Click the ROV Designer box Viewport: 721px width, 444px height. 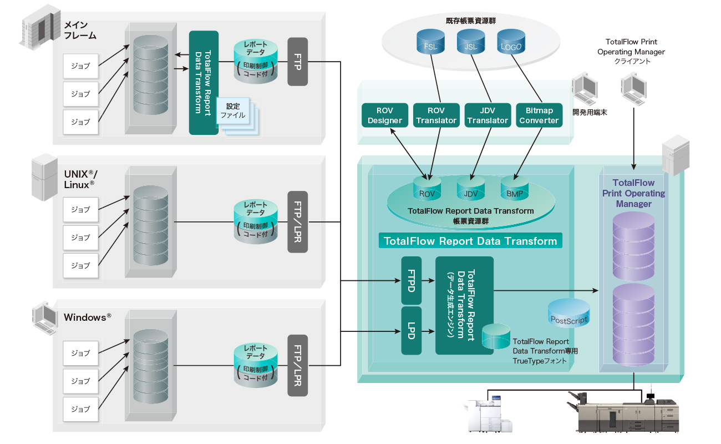point(385,115)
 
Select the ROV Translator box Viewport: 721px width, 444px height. point(436,115)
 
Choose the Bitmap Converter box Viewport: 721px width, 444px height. point(539,115)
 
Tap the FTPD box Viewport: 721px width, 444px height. point(411,280)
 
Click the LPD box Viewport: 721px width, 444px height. point(411,331)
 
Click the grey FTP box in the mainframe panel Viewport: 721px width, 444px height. point(298,62)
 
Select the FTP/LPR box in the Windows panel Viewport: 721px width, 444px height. point(298,365)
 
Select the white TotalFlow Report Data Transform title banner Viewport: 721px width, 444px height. point(470,241)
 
